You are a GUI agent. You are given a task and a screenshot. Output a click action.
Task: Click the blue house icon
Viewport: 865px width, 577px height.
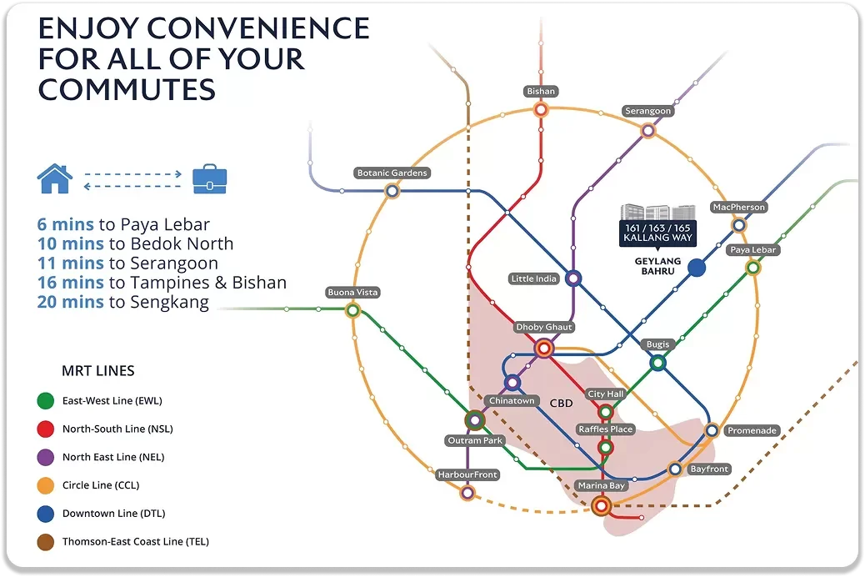(54, 179)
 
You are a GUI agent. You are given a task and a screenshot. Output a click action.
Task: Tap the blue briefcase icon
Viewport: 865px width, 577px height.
(209, 179)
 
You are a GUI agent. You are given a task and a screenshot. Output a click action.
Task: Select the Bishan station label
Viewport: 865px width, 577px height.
(541, 91)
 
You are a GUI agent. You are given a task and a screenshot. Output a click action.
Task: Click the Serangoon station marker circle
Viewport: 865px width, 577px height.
(647, 130)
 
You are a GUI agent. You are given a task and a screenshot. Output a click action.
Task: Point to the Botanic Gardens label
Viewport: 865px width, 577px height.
(392, 173)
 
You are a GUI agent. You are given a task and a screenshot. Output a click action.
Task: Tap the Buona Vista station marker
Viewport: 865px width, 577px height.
(352, 310)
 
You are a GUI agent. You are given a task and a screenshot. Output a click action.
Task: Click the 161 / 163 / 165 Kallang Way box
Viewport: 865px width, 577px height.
(657, 233)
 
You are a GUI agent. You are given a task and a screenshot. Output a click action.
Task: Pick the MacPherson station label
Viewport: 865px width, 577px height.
(738, 207)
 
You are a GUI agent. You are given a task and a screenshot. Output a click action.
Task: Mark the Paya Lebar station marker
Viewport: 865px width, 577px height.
(752, 268)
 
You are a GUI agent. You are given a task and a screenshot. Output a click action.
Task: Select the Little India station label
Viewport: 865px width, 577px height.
(534, 278)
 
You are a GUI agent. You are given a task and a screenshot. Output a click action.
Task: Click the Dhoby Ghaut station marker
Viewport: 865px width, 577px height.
(544, 349)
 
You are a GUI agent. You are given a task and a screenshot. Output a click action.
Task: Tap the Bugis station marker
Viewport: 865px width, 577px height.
(657, 363)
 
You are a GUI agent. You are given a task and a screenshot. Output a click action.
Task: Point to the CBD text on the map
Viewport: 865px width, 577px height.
(562, 403)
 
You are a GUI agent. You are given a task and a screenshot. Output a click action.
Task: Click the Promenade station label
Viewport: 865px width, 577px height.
(752, 431)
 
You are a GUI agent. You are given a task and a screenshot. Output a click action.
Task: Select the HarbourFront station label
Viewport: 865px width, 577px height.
(467, 474)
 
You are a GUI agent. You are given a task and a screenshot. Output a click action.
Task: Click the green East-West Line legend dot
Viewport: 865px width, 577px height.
(46, 401)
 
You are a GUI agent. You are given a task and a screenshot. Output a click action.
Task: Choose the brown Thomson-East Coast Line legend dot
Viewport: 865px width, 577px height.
(46, 542)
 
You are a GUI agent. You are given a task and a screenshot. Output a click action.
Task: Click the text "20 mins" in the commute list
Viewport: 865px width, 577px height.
(70, 302)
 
